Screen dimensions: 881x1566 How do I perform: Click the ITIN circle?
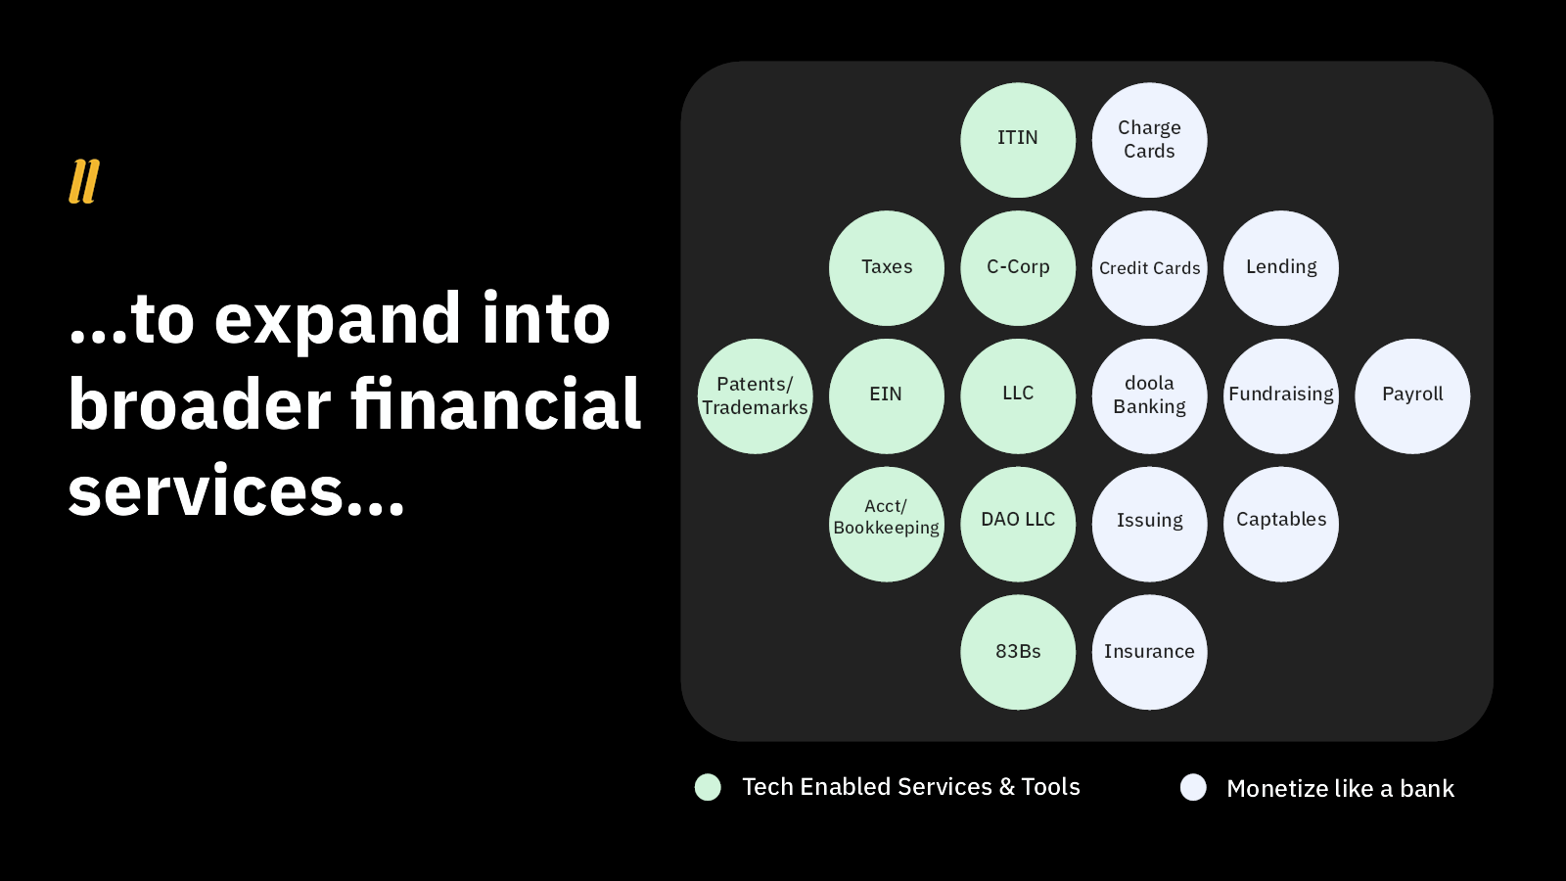pos(1018,140)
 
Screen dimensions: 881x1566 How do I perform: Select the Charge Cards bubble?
pos(1149,140)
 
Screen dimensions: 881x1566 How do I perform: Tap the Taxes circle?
pos(887,268)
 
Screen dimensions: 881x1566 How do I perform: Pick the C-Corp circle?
pos(1018,268)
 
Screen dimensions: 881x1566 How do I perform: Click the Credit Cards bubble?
pos(1149,268)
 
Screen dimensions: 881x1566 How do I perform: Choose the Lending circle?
pos(1281,268)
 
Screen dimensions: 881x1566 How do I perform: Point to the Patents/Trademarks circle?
pos(755,396)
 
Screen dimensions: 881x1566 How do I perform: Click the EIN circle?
pos(887,396)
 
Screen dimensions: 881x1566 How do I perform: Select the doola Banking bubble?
pos(1149,396)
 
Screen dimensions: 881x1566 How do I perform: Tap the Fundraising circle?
pos(1281,396)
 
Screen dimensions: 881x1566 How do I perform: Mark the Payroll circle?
pos(1412,396)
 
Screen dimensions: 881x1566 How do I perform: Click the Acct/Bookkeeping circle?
pos(887,524)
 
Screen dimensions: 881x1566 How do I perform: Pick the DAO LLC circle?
pos(1018,524)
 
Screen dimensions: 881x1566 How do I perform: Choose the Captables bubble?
pos(1281,524)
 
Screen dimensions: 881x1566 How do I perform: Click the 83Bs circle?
pos(1018,652)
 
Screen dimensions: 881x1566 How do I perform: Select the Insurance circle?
pos(1149,652)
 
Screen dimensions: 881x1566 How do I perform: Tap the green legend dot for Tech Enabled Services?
pos(708,787)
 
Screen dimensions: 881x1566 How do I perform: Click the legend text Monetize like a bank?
pos(1340,789)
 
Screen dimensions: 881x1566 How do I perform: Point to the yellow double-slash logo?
pos(84,182)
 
